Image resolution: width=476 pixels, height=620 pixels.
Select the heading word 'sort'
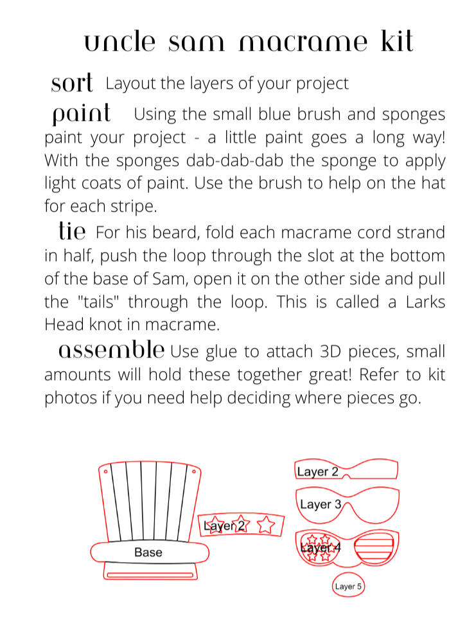pos(72,84)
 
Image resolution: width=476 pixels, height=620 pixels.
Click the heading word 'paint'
pos(82,114)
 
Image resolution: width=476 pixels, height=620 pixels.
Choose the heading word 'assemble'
pos(111,351)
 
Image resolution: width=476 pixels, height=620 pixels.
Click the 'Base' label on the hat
pos(148,552)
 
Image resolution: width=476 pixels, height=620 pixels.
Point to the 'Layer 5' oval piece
pos(348,586)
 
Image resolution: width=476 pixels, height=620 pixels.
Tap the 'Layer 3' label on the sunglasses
pos(320,504)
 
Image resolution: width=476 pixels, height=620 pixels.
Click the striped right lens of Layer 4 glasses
pos(373,549)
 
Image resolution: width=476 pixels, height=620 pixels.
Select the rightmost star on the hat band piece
pos(265,525)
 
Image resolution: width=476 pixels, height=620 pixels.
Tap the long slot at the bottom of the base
pos(150,574)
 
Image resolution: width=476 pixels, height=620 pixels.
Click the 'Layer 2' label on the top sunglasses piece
pos(317,471)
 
